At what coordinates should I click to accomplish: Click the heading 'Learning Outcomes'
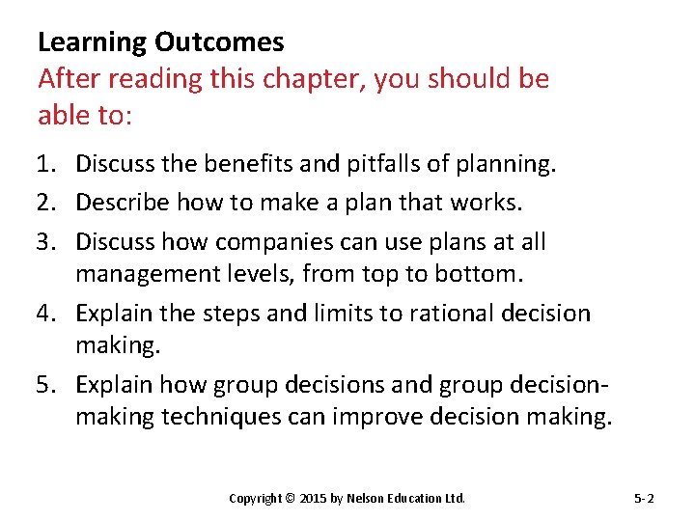[x=160, y=42]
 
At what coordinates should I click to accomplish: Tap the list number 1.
[x=48, y=165]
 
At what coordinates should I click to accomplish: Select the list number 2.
[x=48, y=203]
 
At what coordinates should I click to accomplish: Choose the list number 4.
[x=48, y=314]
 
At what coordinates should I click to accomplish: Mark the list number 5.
[x=48, y=385]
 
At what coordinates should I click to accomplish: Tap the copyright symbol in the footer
[x=290, y=499]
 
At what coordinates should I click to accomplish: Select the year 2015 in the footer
[x=313, y=499]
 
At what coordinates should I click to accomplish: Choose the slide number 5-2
[x=644, y=499]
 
